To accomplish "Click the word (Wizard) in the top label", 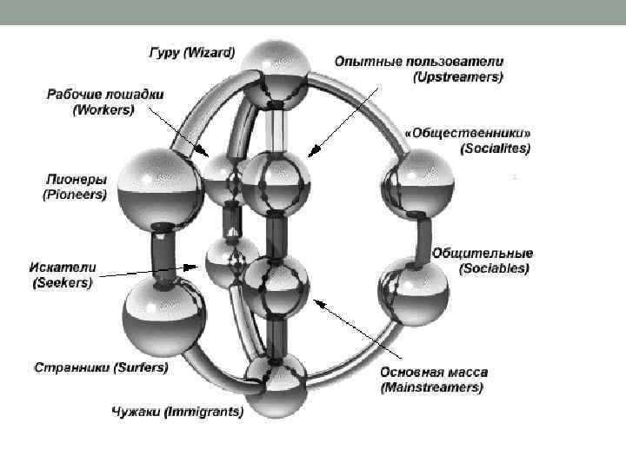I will point(208,53).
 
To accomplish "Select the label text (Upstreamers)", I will point(457,77).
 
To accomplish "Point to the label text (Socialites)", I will point(495,149).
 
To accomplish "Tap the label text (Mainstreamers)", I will point(431,387).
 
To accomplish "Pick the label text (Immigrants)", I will point(203,412).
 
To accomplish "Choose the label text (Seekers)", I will point(63,282).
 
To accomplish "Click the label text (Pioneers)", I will point(75,195).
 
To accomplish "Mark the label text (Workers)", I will point(103,109).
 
